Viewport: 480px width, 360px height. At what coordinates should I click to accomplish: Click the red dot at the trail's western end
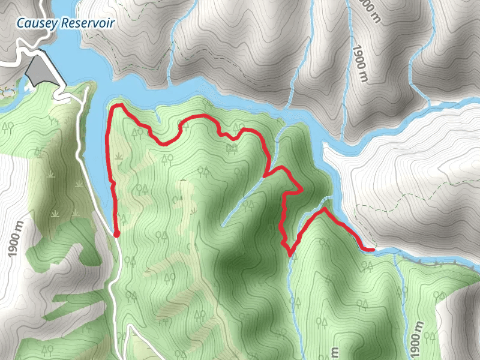coord(116,234)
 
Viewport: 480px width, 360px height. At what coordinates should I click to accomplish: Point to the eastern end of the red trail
coord(373,249)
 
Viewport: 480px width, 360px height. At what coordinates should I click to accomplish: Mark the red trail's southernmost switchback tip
coord(290,254)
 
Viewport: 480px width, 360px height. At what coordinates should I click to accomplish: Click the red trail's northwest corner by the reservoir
coord(116,107)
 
